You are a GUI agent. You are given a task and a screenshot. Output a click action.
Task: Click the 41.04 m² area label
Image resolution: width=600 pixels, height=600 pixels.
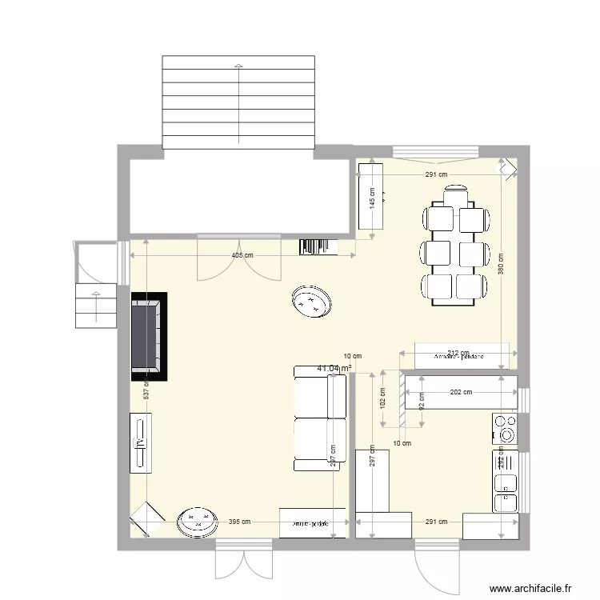coord(334,368)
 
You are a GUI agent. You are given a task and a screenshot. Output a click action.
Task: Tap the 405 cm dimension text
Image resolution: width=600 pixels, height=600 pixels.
coord(242,255)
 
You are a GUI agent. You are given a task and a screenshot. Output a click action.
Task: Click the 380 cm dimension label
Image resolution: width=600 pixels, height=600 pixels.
coord(500,265)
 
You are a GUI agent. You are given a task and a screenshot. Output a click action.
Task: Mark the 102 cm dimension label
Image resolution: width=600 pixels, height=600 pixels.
coord(383,398)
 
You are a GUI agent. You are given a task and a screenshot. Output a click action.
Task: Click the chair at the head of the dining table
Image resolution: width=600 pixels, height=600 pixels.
coord(456,194)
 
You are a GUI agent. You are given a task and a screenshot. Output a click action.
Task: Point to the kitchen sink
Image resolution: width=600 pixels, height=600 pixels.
coord(506,492)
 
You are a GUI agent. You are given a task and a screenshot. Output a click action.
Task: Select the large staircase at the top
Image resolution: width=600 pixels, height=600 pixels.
coord(238,102)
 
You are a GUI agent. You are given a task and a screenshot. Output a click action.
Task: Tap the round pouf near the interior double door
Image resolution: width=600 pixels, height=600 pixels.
coord(312,301)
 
